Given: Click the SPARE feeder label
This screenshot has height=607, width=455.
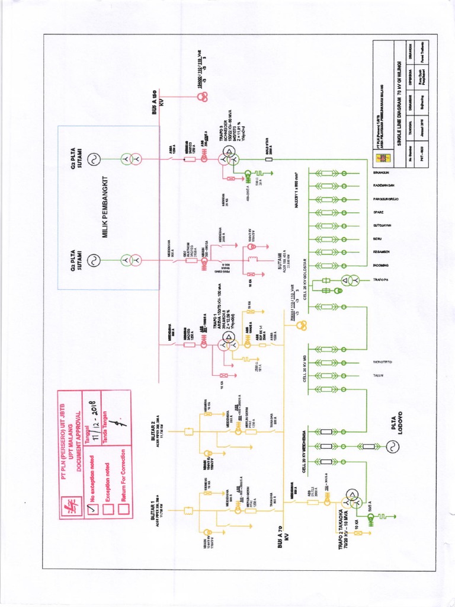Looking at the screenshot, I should click(378, 211).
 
